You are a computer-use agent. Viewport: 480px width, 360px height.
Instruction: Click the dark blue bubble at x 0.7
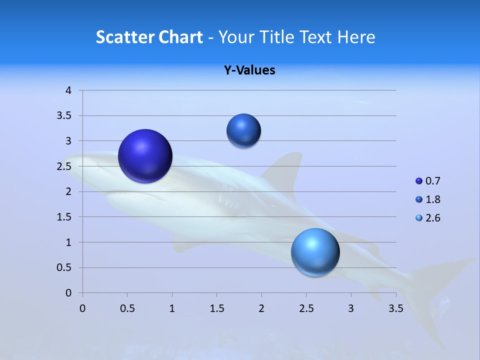[145, 156]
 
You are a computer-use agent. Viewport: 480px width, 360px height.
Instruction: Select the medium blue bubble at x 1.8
[243, 130]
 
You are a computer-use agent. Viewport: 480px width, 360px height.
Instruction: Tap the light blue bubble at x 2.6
[315, 252]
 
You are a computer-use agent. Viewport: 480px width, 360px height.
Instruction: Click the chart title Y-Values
[249, 70]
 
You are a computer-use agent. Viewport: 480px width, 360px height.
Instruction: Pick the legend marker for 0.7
[419, 181]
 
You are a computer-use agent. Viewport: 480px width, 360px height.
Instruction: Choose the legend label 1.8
[433, 199]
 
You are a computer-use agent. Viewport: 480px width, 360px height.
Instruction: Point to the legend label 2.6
[433, 218]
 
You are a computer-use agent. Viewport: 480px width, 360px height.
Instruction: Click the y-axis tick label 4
[68, 90]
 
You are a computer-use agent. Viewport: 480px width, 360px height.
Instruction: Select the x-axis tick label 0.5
[127, 308]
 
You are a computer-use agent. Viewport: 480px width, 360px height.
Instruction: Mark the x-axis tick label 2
[261, 308]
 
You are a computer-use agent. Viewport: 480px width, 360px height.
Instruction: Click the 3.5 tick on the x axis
[396, 308]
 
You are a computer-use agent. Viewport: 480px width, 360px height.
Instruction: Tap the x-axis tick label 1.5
[216, 308]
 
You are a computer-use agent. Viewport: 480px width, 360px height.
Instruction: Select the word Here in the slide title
[356, 37]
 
